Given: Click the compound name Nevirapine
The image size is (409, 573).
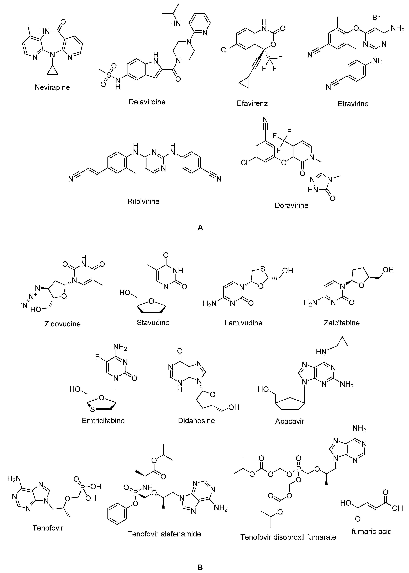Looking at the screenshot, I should coord(52,87).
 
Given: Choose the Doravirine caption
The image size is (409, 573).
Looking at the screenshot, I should coord(291,205).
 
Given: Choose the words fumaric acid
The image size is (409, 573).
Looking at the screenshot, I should coord(371,531).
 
